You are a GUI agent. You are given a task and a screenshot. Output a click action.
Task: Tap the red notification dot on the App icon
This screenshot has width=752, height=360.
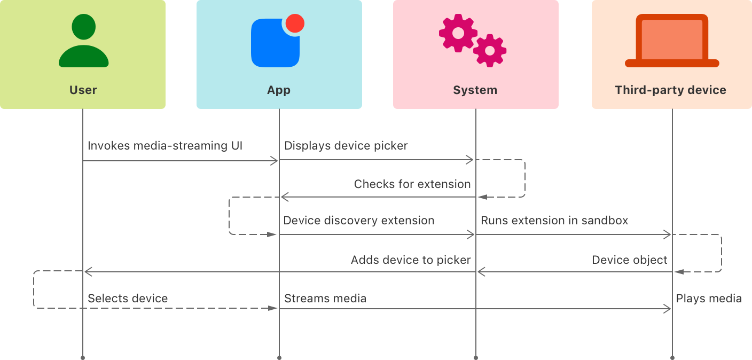[295, 24]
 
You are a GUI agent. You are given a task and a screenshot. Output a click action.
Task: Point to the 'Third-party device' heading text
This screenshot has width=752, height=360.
[670, 90]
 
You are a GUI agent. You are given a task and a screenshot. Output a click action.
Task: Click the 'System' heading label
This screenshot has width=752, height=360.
[475, 90]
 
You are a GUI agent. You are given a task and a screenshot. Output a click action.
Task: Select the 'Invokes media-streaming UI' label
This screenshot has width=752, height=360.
[164, 146]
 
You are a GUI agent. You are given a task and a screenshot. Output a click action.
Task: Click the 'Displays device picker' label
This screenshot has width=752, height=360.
[346, 146]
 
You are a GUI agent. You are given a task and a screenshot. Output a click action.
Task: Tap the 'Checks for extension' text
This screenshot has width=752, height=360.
[412, 184]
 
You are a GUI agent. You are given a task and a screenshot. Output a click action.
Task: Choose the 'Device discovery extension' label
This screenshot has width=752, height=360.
[358, 220]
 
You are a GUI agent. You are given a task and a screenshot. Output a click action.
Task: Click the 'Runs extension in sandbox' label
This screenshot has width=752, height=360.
[554, 220]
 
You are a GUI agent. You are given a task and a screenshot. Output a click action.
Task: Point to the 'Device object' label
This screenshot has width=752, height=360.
[629, 260]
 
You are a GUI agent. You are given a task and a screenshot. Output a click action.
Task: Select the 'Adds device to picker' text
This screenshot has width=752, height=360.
[411, 260]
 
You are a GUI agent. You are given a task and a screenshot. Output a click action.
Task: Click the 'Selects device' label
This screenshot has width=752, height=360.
[128, 299]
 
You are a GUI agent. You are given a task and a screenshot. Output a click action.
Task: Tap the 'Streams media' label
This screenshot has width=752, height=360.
[325, 299]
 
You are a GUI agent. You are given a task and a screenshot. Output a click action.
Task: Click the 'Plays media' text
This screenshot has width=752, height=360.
[709, 299]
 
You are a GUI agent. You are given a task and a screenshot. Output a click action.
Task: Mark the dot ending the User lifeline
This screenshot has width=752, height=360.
[83, 357]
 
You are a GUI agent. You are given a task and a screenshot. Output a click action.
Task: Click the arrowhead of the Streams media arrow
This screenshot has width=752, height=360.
[668, 309]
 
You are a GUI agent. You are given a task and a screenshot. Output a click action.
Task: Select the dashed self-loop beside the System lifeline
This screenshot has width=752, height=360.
[524, 178]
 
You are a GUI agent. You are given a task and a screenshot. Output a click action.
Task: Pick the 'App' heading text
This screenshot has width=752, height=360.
[279, 90]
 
